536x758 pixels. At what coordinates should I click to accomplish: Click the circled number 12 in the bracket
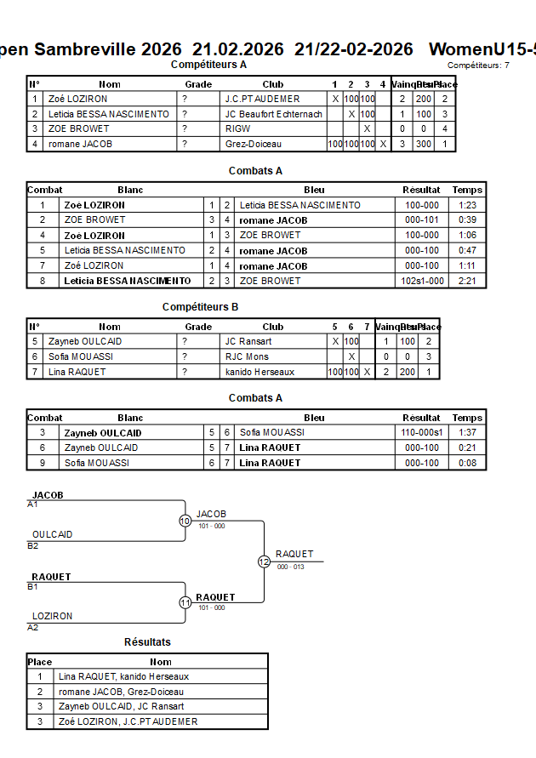(264, 561)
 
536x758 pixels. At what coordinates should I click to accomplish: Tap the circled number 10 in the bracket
(185, 521)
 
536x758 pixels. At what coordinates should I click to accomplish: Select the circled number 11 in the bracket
(185, 602)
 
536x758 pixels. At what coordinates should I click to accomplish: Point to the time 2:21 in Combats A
(468, 281)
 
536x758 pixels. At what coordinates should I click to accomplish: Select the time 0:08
(468, 463)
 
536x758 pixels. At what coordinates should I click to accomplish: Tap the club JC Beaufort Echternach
(273, 114)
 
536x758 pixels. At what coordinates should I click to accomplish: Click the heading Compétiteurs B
(200, 307)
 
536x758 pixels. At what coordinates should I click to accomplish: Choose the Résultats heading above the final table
(147, 642)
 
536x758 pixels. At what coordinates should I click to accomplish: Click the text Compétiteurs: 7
(478, 66)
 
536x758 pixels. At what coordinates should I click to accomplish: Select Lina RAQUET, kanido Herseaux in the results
(123, 676)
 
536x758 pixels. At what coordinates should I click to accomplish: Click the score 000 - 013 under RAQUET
(291, 567)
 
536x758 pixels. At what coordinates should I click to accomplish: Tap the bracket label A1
(33, 504)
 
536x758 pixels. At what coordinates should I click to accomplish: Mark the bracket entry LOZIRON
(52, 616)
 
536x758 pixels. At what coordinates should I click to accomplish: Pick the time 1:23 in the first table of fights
(468, 205)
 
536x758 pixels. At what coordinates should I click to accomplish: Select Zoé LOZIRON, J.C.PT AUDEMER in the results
(128, 721)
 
